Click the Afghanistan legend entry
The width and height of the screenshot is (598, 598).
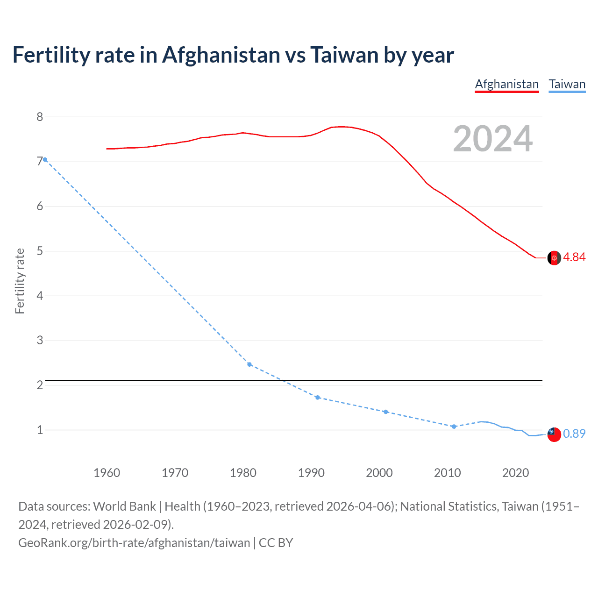pyautogui.click(x=507, y=84)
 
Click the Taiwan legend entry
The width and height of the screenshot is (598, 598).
pyautogui.click(x=567, y=84)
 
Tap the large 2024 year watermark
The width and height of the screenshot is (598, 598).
pyautogui.click(x=493, y=139)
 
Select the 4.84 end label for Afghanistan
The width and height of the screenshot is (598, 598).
pyautogui.click(x=574, y=257)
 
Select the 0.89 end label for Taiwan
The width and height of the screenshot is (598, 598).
pyautogui.click(x=574, y=434)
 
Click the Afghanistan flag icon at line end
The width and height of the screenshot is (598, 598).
pyautogui.click(x=554, y=258)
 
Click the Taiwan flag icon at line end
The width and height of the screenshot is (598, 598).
pyautogui.click(x=554, y=434)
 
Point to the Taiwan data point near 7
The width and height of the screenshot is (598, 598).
pyautogui.click(x=45, y=160)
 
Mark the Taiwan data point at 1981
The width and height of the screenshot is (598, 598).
pyautogui.click(x=249, y=364)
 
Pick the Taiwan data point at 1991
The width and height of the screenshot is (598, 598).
pyautogui.click(x=318, y=398)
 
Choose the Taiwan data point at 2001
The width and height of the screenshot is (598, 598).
pyautogui.click(x=385, y=412)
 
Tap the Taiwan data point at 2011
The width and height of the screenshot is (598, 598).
pyautogui.click(x=454, y=427)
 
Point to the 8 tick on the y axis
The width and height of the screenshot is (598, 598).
pyautogui.click(x=40, y=117)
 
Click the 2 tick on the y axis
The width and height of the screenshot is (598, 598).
pyautogui.click(x=40, y=385)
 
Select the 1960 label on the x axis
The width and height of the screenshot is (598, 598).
pyautogui.click(x=107, y=473)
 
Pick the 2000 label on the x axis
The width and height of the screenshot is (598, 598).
pyautogui.click(x=379, y=473)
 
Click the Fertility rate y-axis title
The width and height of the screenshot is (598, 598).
pyautogui.click(x=20, y=281)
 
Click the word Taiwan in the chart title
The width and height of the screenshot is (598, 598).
pyautogui.click(x=344, y=55)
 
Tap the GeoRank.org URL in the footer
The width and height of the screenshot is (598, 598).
pyautogui.click(x=134, y=543)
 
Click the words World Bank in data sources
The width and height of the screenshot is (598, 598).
pyautogui.click(x=124, y=506)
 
